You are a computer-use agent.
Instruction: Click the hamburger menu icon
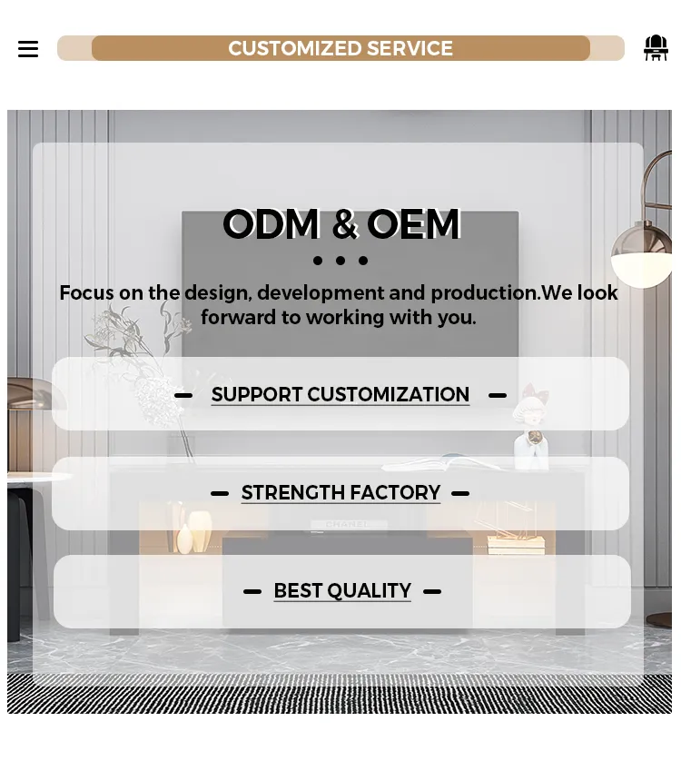28,49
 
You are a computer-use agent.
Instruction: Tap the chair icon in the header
656,48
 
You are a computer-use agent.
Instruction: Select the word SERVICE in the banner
410,49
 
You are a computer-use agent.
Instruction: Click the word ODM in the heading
271,224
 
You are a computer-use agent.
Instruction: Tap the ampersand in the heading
343,224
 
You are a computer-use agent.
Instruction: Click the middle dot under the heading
340,261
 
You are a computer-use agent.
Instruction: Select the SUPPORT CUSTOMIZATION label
340,395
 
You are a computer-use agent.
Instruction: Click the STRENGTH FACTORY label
340,493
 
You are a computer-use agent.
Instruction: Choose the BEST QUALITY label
342,591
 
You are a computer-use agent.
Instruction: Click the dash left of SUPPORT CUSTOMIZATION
183,395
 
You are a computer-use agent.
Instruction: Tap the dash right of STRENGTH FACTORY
460,493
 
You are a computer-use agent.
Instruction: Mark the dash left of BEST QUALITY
252,591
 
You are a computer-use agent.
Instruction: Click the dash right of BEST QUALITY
432,591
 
